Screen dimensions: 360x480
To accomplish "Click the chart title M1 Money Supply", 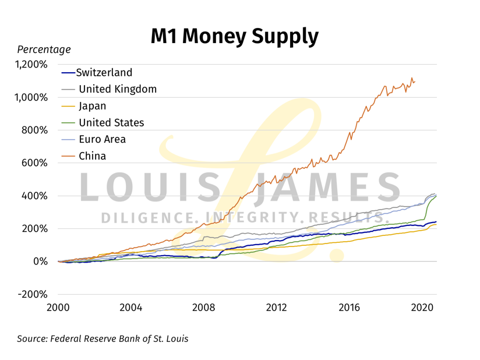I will [x=234, y=36].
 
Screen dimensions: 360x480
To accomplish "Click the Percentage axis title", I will [x=44, y=50].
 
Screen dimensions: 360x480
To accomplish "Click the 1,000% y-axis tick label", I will [x=31, y=97].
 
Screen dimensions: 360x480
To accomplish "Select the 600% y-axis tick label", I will [x=36, y=163].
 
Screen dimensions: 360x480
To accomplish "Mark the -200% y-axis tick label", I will [x=33, y=294].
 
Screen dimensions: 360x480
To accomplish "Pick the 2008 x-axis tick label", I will [x=204, y=308].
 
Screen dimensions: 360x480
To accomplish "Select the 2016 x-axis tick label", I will [x=349, y=308].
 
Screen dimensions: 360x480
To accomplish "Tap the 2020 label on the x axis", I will [x=422, y=308].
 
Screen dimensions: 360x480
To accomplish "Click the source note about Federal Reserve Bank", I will [x=103, y=338].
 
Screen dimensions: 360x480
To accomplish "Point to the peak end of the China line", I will [x=412, y=77].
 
